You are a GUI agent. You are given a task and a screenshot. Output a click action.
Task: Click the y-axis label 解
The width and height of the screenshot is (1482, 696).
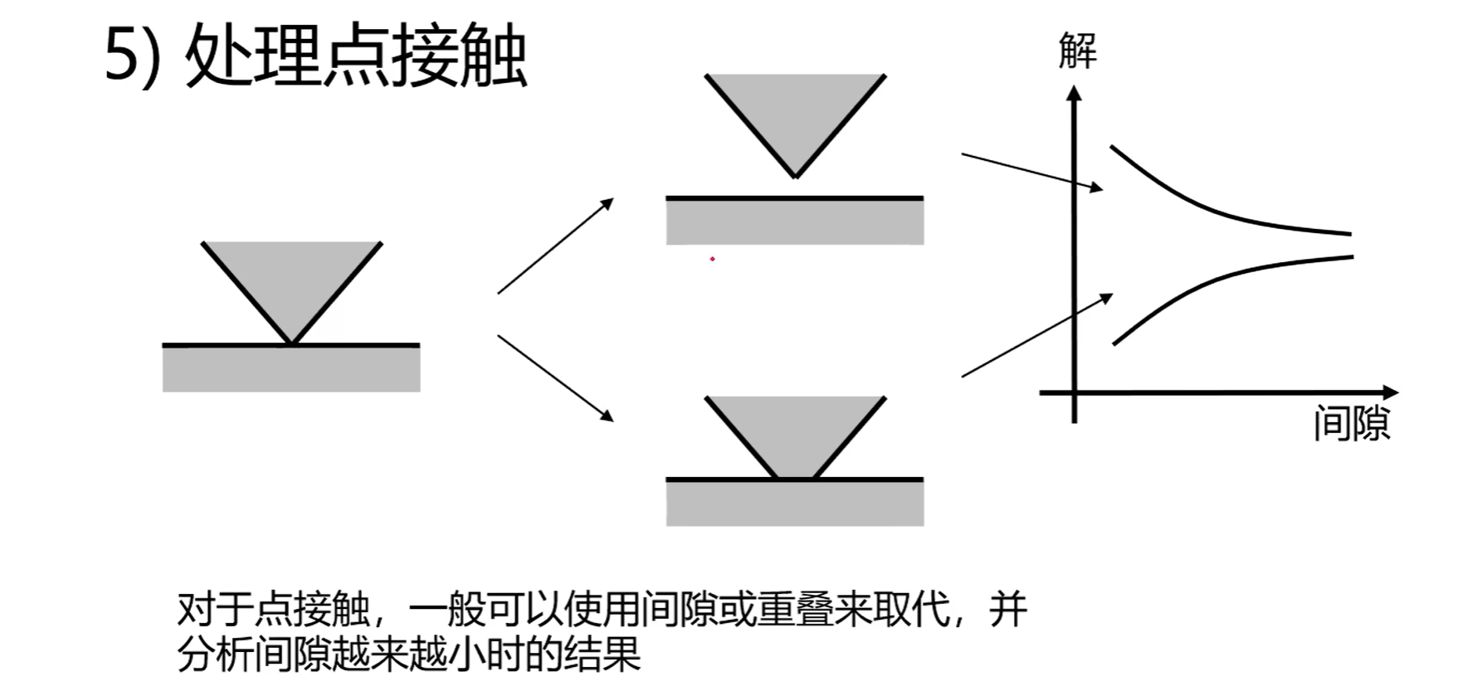pos(1077,51)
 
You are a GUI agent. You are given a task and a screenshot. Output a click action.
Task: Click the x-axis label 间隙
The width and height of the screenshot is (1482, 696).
pos(1351,423)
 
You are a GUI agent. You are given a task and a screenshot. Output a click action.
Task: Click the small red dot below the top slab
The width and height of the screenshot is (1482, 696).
pos(712,259)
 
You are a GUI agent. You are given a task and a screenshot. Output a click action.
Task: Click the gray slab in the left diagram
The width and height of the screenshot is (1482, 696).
pos(291,369)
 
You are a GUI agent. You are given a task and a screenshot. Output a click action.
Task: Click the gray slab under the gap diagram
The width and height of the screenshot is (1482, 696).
pos(795,222)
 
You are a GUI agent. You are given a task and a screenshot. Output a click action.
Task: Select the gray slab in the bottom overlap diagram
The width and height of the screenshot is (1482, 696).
pos(795,504)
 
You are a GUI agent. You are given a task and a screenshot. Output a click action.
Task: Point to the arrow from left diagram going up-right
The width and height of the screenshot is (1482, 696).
pos(555,246)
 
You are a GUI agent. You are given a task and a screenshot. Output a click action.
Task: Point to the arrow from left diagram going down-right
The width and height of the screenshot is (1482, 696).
pos(555,377)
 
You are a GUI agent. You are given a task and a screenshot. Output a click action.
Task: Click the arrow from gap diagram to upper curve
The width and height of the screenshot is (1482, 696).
pos(1031,172)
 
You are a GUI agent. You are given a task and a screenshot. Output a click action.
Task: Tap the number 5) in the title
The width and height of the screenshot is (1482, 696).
pos(133,56)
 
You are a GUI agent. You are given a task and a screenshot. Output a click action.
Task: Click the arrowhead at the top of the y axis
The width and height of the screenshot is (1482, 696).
pos(1075,95)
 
